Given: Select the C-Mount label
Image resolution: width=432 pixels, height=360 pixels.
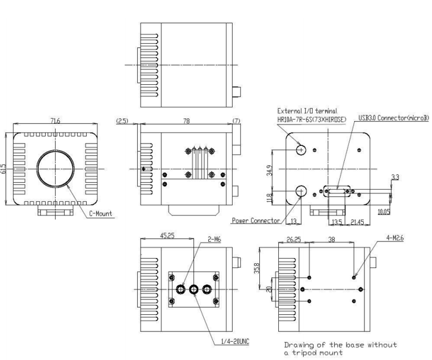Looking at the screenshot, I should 100,212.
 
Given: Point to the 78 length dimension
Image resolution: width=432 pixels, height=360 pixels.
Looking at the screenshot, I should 186,121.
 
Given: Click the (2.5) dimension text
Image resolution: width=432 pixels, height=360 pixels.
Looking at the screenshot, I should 122,120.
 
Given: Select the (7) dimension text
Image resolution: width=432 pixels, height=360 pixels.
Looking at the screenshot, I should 237,121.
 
